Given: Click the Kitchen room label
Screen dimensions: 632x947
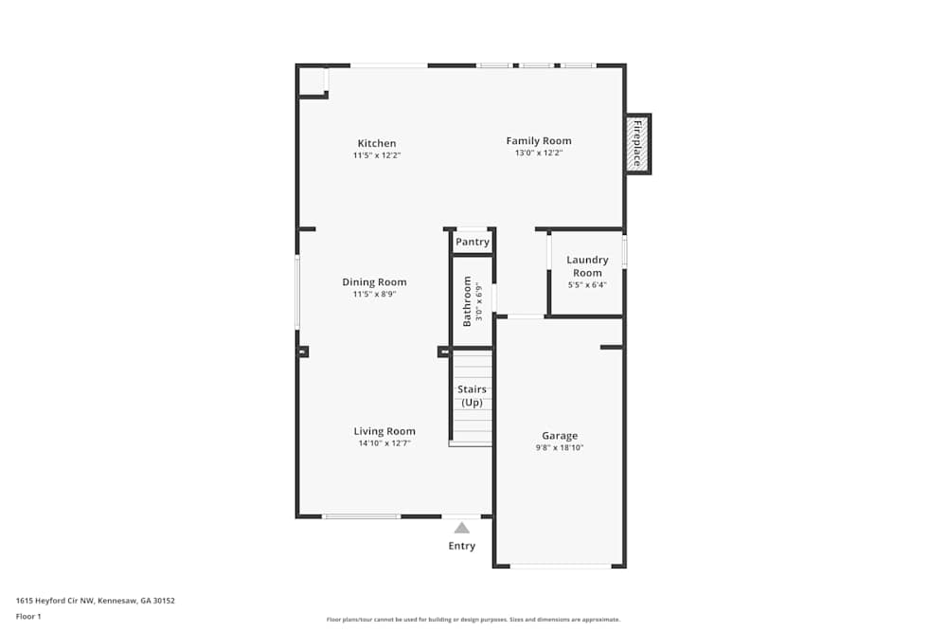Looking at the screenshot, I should point(376,143).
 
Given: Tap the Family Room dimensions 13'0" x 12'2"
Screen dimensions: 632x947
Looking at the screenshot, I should point(538,153).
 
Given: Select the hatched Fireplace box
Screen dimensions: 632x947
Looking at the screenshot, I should point(637,144).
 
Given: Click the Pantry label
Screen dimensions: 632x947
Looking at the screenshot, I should point(473,243).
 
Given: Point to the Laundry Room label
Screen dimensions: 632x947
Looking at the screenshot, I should point(587,266).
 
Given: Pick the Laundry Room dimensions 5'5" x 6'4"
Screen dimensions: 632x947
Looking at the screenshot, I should point(587,284).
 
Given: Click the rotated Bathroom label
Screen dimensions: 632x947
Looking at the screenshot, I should point(467,301).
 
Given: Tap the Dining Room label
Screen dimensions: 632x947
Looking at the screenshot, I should point(374,281).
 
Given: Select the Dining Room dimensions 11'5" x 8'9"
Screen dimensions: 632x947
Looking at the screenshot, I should point(374,294).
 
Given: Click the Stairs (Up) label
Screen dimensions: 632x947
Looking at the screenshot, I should point(472,396).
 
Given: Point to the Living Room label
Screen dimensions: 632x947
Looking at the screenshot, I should point(384,431).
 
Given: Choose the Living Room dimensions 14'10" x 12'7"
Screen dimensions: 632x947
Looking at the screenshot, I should point(384,443).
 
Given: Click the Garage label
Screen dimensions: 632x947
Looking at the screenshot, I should point(560,436).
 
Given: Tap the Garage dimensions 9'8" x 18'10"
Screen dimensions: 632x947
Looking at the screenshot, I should point(560,447).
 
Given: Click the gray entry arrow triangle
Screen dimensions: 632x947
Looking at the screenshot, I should point(461,528).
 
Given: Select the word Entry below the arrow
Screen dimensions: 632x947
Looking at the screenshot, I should point(461,546).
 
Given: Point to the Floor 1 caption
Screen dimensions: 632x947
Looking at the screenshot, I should point(28,616).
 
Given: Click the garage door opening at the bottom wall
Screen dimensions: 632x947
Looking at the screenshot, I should point(560,566).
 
